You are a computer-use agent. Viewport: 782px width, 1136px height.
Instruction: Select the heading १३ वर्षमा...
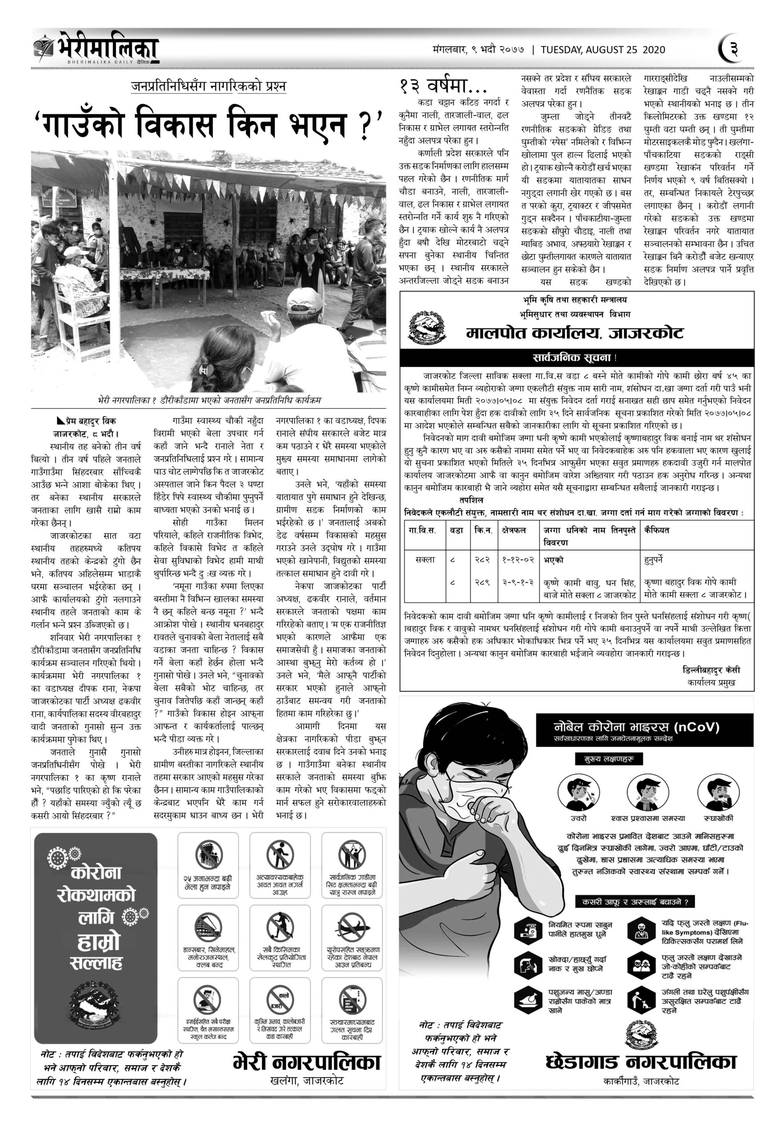[x=443, y=87]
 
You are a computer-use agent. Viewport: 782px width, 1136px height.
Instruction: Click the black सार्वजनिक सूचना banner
[x=576, y=358]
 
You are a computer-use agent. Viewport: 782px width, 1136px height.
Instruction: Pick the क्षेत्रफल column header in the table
[x=513, y=530]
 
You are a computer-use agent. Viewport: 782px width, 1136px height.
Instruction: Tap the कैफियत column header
[x=657, y=530]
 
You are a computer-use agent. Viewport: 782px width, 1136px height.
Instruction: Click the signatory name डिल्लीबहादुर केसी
[x=711, y=670]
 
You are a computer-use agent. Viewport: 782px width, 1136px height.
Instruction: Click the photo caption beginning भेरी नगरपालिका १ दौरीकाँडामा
[x=209, y=400]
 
